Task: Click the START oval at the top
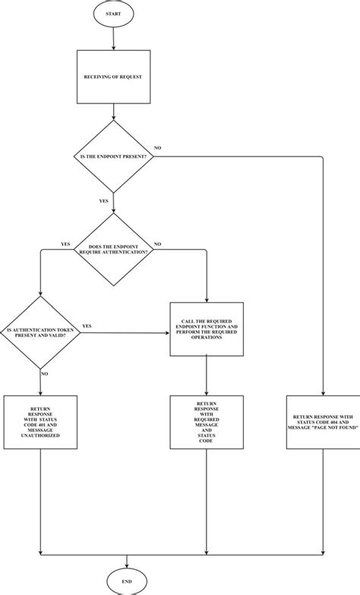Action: [x=112, y=13]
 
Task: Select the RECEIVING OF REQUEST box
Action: [x=112, y=77]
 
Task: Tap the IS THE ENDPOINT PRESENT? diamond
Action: [x=112, y=156]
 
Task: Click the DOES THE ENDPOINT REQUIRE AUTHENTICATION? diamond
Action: [x=113, y=250]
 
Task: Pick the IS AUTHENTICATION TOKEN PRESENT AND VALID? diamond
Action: [x=39, y=332]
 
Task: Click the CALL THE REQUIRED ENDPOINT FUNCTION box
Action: [x=207, y=329]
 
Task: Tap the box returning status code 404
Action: [x=324, y=421]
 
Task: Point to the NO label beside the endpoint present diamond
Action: [x=157, y=147]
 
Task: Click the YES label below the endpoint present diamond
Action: [x=103, y=202]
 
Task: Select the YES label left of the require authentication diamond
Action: [x=65, y=244]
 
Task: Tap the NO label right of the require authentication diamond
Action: [x=158, y=244]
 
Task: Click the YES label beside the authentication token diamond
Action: [x=87, y=326]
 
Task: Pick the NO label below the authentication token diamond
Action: [x=46, y=374]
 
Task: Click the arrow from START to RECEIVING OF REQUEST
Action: [x=112, y=38]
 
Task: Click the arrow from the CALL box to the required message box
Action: [x=207, y=376]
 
